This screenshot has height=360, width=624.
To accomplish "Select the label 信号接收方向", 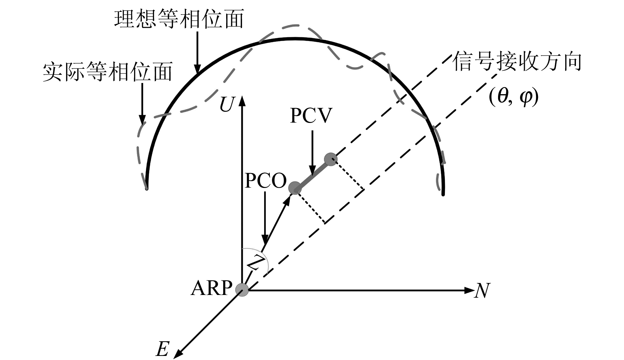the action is click(x=517, y=62).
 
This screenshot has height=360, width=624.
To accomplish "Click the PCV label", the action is click(x=311, y=116).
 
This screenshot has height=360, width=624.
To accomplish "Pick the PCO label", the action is click(x=265, y=181).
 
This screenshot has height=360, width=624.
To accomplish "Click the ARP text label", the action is click(x=212, y=288).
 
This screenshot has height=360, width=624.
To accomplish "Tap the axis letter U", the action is click(x=226, y=104).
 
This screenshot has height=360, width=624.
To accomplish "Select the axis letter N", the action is click(x=482, y=291).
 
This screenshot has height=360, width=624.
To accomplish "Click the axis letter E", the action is click(x=162, y=349).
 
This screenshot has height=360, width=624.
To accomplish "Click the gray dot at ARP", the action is click(x=242, y=290).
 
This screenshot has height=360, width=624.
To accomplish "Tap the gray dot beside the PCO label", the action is click(x=295, y=188).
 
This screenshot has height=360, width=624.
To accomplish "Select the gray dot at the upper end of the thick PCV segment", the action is click(x=330, y=159).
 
